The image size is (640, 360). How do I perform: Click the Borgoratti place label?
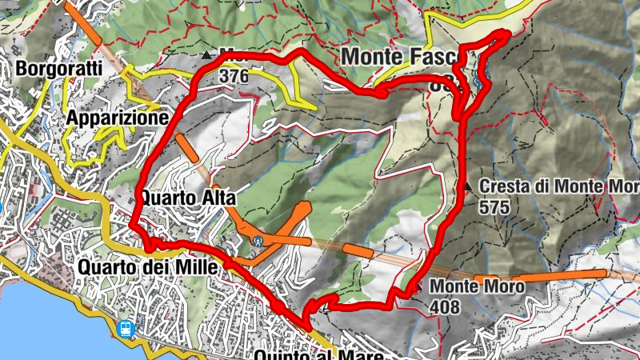tap(58, 69)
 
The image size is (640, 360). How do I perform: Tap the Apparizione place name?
tap(118, 118)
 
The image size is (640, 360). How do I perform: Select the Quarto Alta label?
tap(183, 197)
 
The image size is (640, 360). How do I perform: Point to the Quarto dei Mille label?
tap(148, 268)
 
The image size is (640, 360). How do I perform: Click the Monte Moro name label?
tap(477, 286)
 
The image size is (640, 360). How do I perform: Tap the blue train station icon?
tap(126, 328)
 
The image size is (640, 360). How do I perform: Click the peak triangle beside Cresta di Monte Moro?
tap(468, 186)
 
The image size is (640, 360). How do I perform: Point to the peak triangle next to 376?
tap(208, 55)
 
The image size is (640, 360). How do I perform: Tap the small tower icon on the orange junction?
tap(257, 238)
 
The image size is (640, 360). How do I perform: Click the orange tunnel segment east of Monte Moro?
tap(552, 277)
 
